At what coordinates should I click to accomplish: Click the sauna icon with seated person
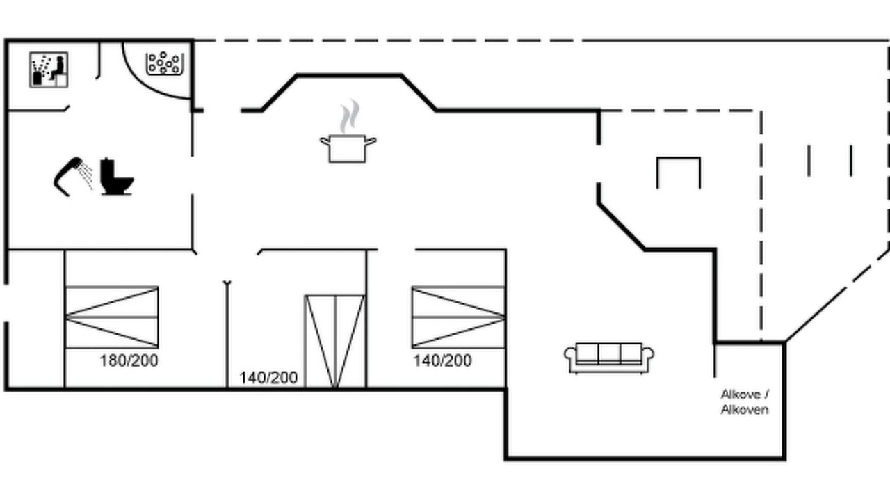pos(49,70)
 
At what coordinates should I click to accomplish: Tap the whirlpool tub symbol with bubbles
pos(165,63)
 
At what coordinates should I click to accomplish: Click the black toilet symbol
pos(116,177)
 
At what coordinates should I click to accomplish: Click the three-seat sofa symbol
pos(609,358)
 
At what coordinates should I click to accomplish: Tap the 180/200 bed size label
pos(129,360)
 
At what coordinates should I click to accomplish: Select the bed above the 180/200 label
pos(112,317)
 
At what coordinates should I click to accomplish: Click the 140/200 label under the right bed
pos(443,360)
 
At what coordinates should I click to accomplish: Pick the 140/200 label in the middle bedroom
pos(268,378)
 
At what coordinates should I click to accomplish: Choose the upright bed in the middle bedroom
pos(335,341)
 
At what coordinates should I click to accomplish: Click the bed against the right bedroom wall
pos(458,317)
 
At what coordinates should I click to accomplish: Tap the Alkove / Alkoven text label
pos(745,402)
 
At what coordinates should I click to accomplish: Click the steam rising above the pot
pos(350,116)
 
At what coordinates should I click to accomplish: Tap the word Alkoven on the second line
pos(745,410)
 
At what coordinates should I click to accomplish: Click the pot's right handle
pos(371,141)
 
